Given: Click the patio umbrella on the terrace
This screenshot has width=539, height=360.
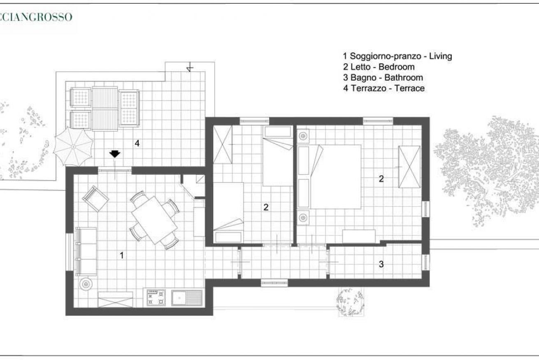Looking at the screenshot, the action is pos(73,146).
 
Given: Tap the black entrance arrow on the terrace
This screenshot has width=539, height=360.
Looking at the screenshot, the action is pos(114,154).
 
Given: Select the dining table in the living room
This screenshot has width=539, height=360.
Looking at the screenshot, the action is pos(154,220).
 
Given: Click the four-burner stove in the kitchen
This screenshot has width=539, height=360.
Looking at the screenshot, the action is pos(156,298).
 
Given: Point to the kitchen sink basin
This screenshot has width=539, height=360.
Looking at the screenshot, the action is pos(179,298).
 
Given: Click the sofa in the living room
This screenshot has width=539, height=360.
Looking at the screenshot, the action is pos(86,251).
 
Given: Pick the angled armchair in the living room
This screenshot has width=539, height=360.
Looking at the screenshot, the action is pos(95,199).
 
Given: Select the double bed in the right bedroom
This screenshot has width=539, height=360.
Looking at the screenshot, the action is pos(330,177).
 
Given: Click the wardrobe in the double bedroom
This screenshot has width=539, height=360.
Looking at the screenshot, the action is pos(409,167).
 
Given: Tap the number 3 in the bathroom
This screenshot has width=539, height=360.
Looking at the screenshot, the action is pos(381,264).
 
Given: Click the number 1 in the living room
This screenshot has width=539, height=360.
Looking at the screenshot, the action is pos(122,255).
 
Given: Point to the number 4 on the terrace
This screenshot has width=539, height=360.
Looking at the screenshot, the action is pos(137,144).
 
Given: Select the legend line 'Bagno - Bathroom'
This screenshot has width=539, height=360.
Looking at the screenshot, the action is pos(383,77).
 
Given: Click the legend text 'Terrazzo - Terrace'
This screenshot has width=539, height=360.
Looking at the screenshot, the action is pos(384,88).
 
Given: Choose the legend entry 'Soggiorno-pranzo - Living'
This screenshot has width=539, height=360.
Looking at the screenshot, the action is pos(397,56).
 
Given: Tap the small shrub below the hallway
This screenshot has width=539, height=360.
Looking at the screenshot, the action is pos(350,301).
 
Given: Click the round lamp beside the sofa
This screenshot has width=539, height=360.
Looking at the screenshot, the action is pos(86,284).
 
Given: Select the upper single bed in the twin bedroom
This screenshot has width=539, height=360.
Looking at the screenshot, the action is pos(278,156).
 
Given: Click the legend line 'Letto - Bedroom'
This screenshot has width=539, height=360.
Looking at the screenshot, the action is pos(379,67).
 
